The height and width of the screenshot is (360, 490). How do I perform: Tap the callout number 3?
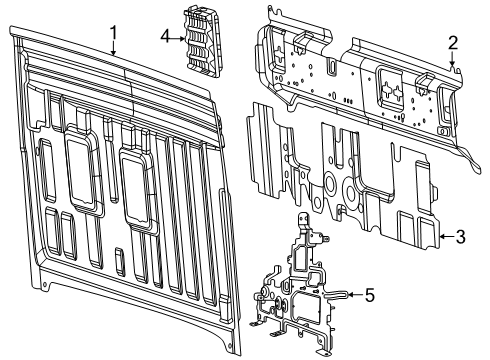point(459,237)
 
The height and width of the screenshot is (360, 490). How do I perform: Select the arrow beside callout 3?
point(443,237)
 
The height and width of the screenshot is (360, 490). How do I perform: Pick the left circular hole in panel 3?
point(326,185)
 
